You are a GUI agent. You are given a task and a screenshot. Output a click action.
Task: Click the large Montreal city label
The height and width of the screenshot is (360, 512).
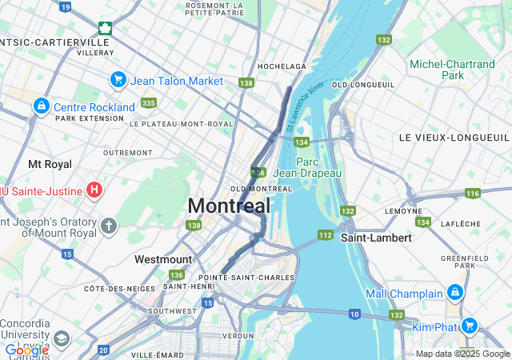coord(229,206)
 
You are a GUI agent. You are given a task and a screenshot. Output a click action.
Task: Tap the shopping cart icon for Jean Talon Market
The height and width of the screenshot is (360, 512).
coord(118,80)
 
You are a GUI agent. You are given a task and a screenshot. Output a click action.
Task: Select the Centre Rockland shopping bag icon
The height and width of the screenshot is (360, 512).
coord(41,106)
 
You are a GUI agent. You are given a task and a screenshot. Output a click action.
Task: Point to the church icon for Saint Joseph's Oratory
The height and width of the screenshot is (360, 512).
coord(109,226)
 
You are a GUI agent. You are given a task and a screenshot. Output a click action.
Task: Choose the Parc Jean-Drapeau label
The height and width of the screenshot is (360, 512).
coord(307,167)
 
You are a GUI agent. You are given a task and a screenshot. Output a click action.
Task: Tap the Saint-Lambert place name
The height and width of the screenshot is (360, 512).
coord(376,238)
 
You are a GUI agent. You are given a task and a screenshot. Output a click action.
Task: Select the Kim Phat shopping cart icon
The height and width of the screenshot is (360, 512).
coord(470,326)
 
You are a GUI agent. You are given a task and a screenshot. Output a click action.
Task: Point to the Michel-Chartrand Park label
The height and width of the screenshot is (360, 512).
coord(452,70)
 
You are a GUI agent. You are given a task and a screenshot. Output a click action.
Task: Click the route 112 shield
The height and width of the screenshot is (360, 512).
coord(325,234)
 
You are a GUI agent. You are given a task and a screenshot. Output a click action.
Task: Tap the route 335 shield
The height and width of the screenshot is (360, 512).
coord(148,102)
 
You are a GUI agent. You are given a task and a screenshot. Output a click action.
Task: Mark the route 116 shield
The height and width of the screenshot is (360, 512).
coord(473,193)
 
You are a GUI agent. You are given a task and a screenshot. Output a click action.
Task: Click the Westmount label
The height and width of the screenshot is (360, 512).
coord(163,259)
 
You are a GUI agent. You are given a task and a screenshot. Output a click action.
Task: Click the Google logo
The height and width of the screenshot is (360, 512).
coord(26,350)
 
